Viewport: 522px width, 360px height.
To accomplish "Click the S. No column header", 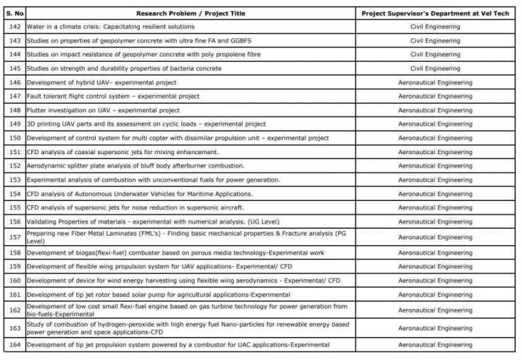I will (x=14, y=13).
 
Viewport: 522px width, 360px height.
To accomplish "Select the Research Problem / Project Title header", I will (x=190, y=13).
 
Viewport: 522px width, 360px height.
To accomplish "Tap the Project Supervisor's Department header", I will (x=435, y=13).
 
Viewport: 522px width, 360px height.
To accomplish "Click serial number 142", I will (x=14, y=26).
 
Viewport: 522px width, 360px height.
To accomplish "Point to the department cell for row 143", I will (x=435, y=41).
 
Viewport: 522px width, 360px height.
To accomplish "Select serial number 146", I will (x=14, y=82).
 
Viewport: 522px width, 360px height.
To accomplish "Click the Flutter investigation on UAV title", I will (x=103, y=110).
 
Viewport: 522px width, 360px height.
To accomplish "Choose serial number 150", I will (x=14, y=138).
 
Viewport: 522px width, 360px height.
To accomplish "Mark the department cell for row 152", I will (x=435, y=166).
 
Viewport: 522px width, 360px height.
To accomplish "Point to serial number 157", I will (x=14, y=237).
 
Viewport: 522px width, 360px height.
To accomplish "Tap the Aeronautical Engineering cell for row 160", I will (x=435, y=281).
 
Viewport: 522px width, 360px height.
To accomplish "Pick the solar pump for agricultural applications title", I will (x=158, y=295).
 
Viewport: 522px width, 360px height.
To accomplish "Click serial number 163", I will (x=14, y=329).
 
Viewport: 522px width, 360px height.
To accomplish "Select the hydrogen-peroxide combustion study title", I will (x=188, y=329).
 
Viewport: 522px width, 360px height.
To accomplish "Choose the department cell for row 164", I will (x=435, y=345).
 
